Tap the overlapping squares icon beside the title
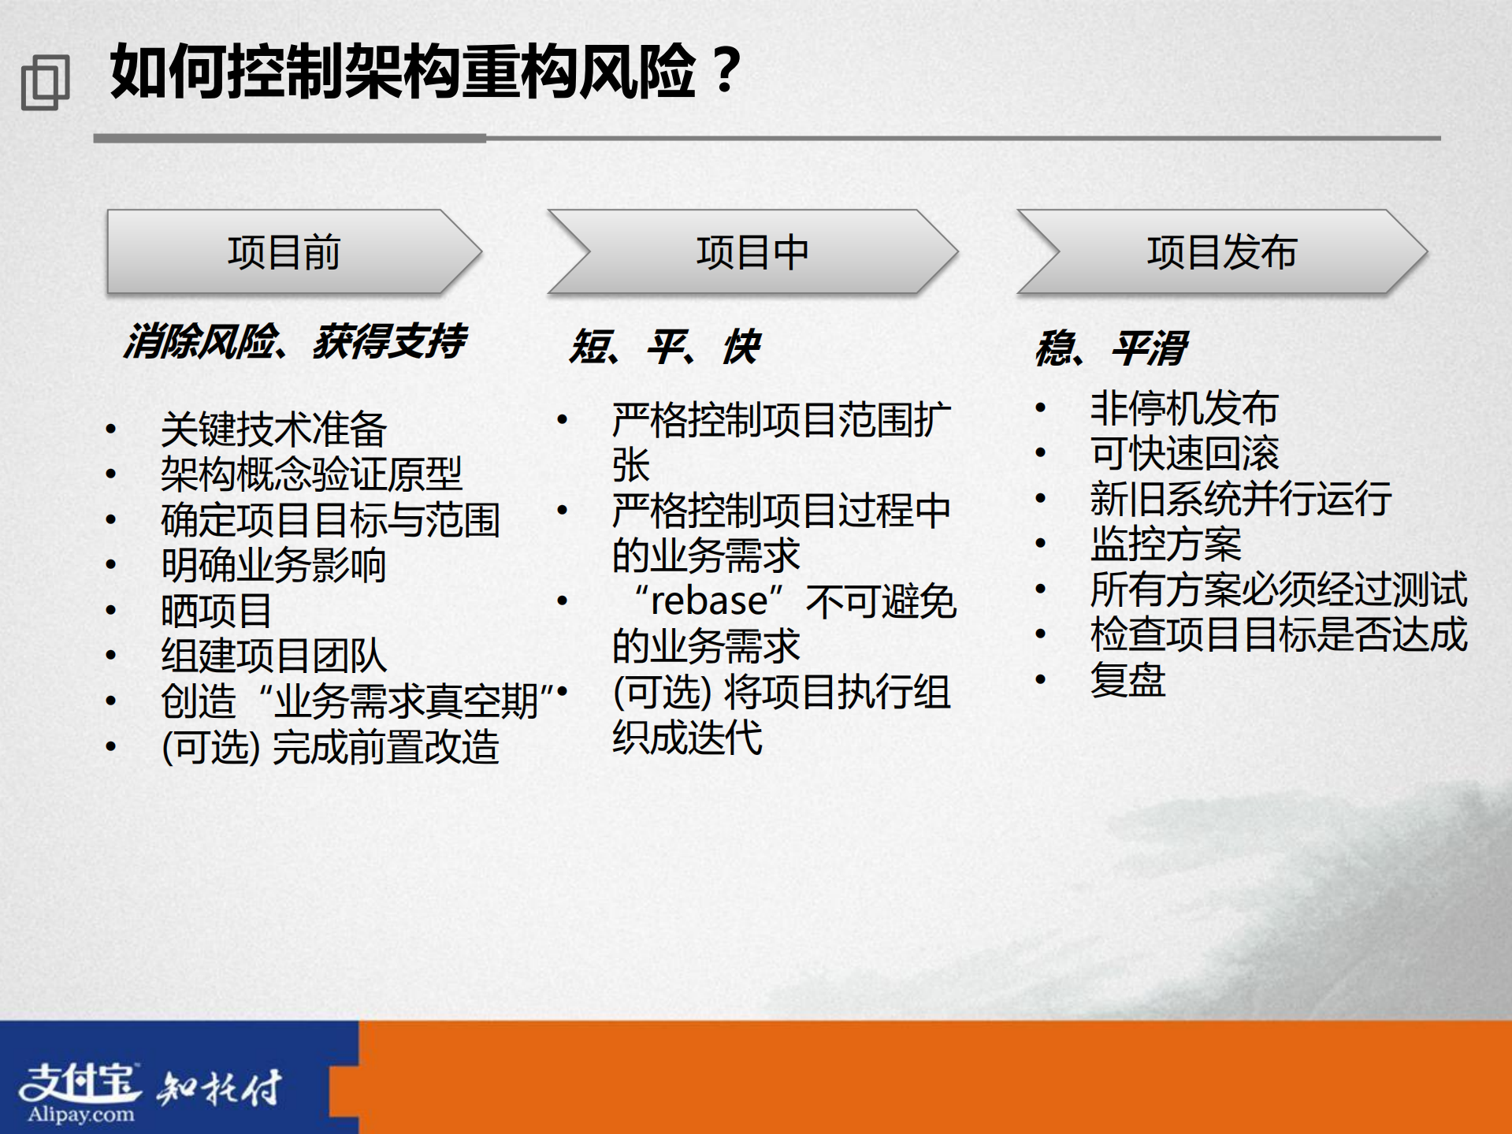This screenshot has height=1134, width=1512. (45, 82)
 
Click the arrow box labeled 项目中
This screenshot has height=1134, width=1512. (752, 253)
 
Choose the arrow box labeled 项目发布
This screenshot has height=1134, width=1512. (1221, 253)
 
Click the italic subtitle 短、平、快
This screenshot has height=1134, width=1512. (664, 347)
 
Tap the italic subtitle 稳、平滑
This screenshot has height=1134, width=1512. (1111, 348)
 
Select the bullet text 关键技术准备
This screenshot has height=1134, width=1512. (273, 429)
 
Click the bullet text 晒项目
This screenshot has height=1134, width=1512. (216, 611)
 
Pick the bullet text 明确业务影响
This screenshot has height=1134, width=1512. (273, 565)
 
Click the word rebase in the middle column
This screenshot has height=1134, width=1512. (708, 602)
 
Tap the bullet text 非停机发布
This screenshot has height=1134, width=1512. (1183, 408)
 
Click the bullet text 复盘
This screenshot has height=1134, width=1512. (1127, 680)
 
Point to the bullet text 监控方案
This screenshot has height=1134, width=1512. (1165, 544)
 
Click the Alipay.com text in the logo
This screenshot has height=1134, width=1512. (81, 1114)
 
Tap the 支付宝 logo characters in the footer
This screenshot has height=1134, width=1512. (79, 1082)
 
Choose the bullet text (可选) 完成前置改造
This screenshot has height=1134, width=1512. (330, 747)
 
